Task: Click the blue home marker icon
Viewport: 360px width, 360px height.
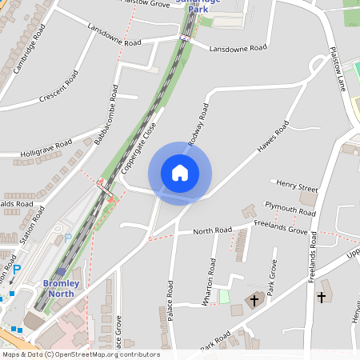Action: [180, 172]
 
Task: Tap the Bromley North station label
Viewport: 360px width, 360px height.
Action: [60, 289]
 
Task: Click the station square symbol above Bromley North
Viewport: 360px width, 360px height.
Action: [61, 272]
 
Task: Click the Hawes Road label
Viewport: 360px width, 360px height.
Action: [273, 138]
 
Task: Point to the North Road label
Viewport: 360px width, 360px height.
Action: [212, 231]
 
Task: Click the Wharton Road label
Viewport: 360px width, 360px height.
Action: [211, 276]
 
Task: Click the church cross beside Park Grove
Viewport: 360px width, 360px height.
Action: [255, 301]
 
